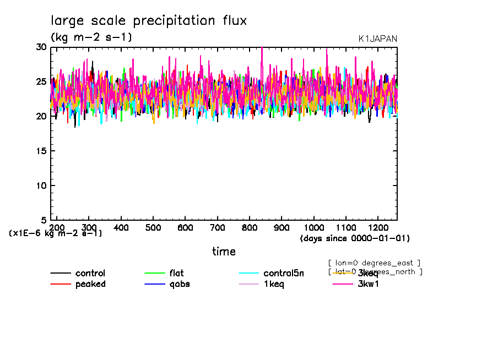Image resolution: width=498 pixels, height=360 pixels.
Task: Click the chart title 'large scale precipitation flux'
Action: [149, 21]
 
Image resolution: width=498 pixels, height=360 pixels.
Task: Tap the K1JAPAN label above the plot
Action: [377, 39]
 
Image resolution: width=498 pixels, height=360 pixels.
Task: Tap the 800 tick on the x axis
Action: [250, 227]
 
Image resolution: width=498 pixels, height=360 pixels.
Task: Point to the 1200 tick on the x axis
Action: [378, 227]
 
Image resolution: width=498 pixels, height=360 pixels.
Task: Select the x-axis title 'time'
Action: [224, 252]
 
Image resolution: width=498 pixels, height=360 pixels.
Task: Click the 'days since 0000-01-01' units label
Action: [355, 238]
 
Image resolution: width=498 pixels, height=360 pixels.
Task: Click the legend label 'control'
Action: [90, 274]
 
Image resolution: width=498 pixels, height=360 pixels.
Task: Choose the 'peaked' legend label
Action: [90, 284]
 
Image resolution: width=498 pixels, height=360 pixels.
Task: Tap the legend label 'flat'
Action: [176, 274]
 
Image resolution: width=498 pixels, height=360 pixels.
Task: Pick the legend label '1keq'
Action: [273, 284]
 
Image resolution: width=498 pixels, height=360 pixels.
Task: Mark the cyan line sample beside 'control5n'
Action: [249, 274]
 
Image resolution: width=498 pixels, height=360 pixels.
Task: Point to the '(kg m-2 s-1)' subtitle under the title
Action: [91, 37]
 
